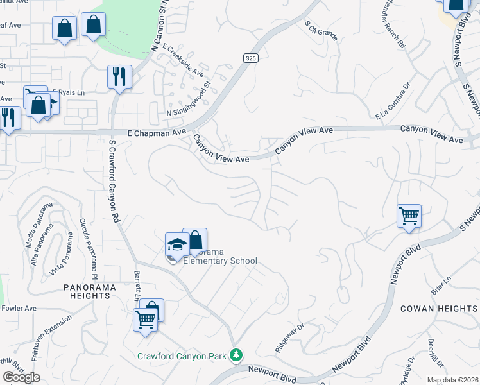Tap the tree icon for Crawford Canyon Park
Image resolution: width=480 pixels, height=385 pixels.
pos(236,354)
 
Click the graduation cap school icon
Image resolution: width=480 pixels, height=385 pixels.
pos(176,244)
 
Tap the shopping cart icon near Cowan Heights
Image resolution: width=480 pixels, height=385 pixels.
pos(409,216)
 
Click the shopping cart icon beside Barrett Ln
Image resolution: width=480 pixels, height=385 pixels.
pos(146,318)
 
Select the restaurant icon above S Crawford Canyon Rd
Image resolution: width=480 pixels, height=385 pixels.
pos(119,76)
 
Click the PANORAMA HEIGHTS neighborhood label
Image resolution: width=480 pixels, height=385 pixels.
pos(90,291)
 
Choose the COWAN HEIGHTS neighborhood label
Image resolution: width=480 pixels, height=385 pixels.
pos(439,309)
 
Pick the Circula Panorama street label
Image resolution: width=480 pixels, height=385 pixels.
pos(85,243)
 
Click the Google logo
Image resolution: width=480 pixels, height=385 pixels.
pos(21,377)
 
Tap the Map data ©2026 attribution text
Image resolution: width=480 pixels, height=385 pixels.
pos(452,380)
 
